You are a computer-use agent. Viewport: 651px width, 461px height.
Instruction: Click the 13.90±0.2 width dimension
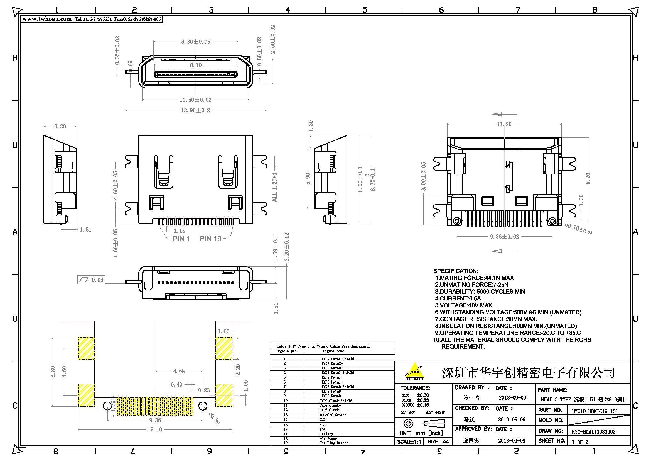(196, 110)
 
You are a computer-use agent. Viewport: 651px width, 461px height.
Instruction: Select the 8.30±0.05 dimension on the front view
(196, 42)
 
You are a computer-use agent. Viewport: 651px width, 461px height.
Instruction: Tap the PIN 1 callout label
(181, 239)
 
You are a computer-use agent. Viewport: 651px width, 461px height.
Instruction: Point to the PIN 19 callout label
(210, 239)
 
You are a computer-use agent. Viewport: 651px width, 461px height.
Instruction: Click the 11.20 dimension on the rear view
(504, 124)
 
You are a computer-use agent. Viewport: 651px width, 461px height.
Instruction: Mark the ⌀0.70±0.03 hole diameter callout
(578, 229)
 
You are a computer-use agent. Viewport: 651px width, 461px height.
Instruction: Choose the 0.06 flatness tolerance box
(91, 280)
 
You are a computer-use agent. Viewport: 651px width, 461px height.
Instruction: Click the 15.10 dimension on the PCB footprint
(155, 430)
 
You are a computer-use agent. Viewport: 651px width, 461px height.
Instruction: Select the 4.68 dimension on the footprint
(179, 371)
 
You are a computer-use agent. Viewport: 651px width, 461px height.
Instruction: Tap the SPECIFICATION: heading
(456, 271)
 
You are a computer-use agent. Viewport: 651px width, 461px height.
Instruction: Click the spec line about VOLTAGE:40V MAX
(464, 305)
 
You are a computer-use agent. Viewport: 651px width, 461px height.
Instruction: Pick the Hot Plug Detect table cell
(334, 443)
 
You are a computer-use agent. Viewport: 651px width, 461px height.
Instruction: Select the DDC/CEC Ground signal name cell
(333, 415)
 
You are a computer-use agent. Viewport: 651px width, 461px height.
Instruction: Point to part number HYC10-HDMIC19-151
(595, 411)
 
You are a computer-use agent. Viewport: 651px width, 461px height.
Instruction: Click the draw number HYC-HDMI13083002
(593, 432)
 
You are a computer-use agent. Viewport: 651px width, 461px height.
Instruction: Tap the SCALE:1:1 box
(409, 442)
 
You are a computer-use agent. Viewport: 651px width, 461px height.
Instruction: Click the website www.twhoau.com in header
(47, 19)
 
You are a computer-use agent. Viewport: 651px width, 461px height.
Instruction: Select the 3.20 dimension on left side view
(60, 126)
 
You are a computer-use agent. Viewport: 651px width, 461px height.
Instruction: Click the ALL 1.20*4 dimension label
(274, 187)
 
